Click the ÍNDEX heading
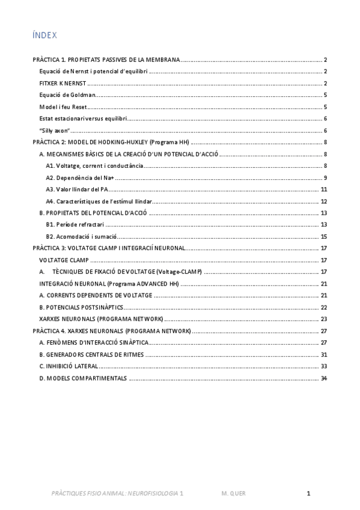pos(44,35)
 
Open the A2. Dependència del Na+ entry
pos(80,177)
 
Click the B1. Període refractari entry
pos(75,224)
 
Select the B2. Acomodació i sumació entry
pos(82,236)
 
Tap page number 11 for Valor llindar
pos(324,189)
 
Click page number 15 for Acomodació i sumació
pos(324,236)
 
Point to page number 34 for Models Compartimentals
pos(324,378)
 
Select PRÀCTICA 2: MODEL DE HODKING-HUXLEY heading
pos(111,142)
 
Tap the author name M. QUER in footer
pos(233,493)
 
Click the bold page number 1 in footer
pos(308,493)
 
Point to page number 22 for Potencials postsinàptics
pos(324,307)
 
